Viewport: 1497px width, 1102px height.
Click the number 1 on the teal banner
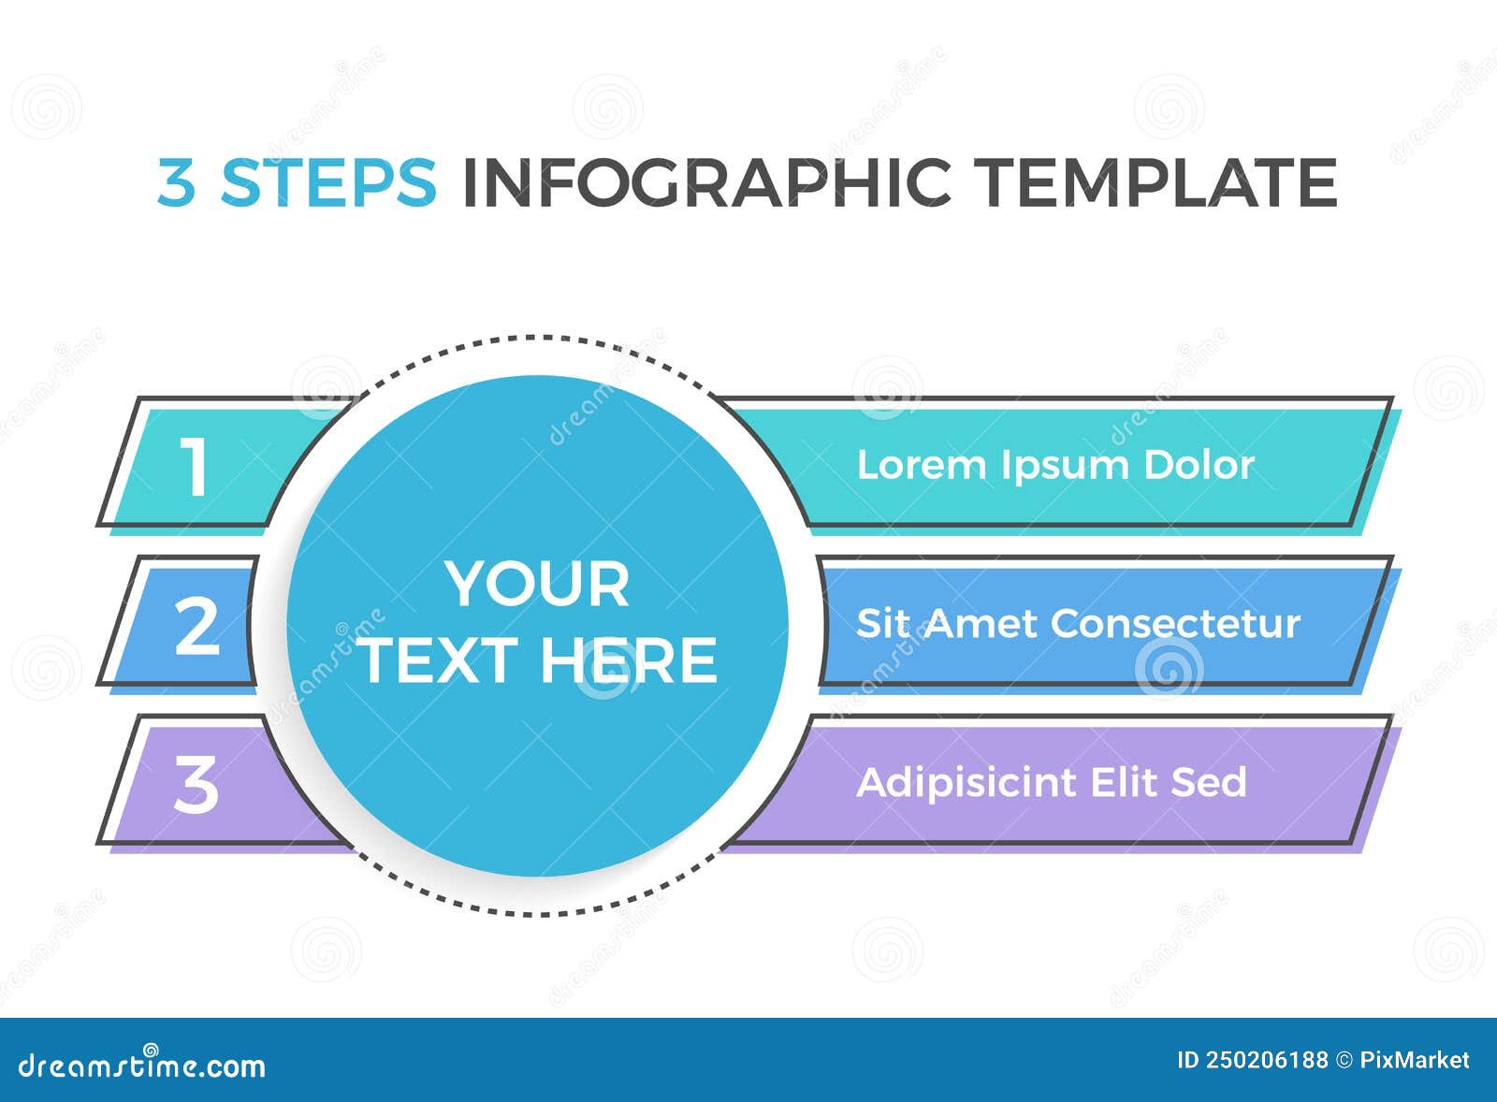(x=194, y=466)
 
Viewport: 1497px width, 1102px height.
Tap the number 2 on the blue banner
(x=196, y=625)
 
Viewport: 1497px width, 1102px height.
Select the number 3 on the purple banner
(x=196, y=784)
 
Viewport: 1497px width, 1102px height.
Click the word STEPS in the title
(x=328, y=181)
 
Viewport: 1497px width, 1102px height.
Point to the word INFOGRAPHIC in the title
(x=706, y=181)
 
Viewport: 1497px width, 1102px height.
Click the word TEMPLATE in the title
(x=1156, y=181)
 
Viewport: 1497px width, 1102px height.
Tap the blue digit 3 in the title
(x=176, y=181)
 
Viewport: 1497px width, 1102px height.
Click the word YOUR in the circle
(x=537, y=585)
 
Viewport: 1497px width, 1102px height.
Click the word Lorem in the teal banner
(x=922, y=465)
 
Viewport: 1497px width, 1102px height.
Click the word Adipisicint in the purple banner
(x=966, y=783)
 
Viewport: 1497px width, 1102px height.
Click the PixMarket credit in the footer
(x=1414, y=1060)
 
